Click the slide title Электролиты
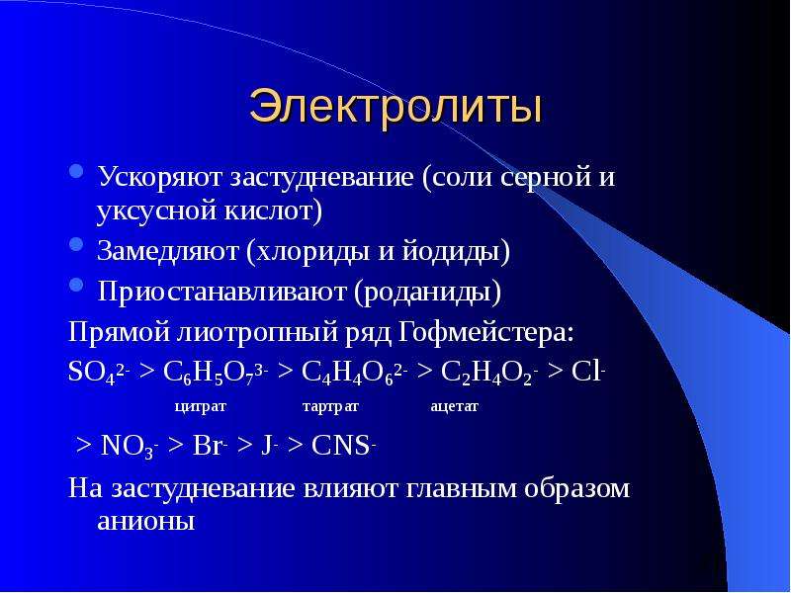click(395, 107)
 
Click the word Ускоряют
click(160, 178)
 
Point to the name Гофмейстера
click(486, 333)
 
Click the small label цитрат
click(201, 406)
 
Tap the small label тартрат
click(330, 406)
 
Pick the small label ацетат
click(454, 406)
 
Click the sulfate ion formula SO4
click(99, 374)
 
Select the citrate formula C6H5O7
click(216, 374)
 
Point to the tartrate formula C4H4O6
click(355, 374)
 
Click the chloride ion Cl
click(588, 373)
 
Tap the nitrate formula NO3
click(130, 447)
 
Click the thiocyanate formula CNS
click(343, 446)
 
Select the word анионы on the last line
click(145, 522)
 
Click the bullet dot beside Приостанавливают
click(76, 285)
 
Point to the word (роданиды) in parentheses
click(427, 293)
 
